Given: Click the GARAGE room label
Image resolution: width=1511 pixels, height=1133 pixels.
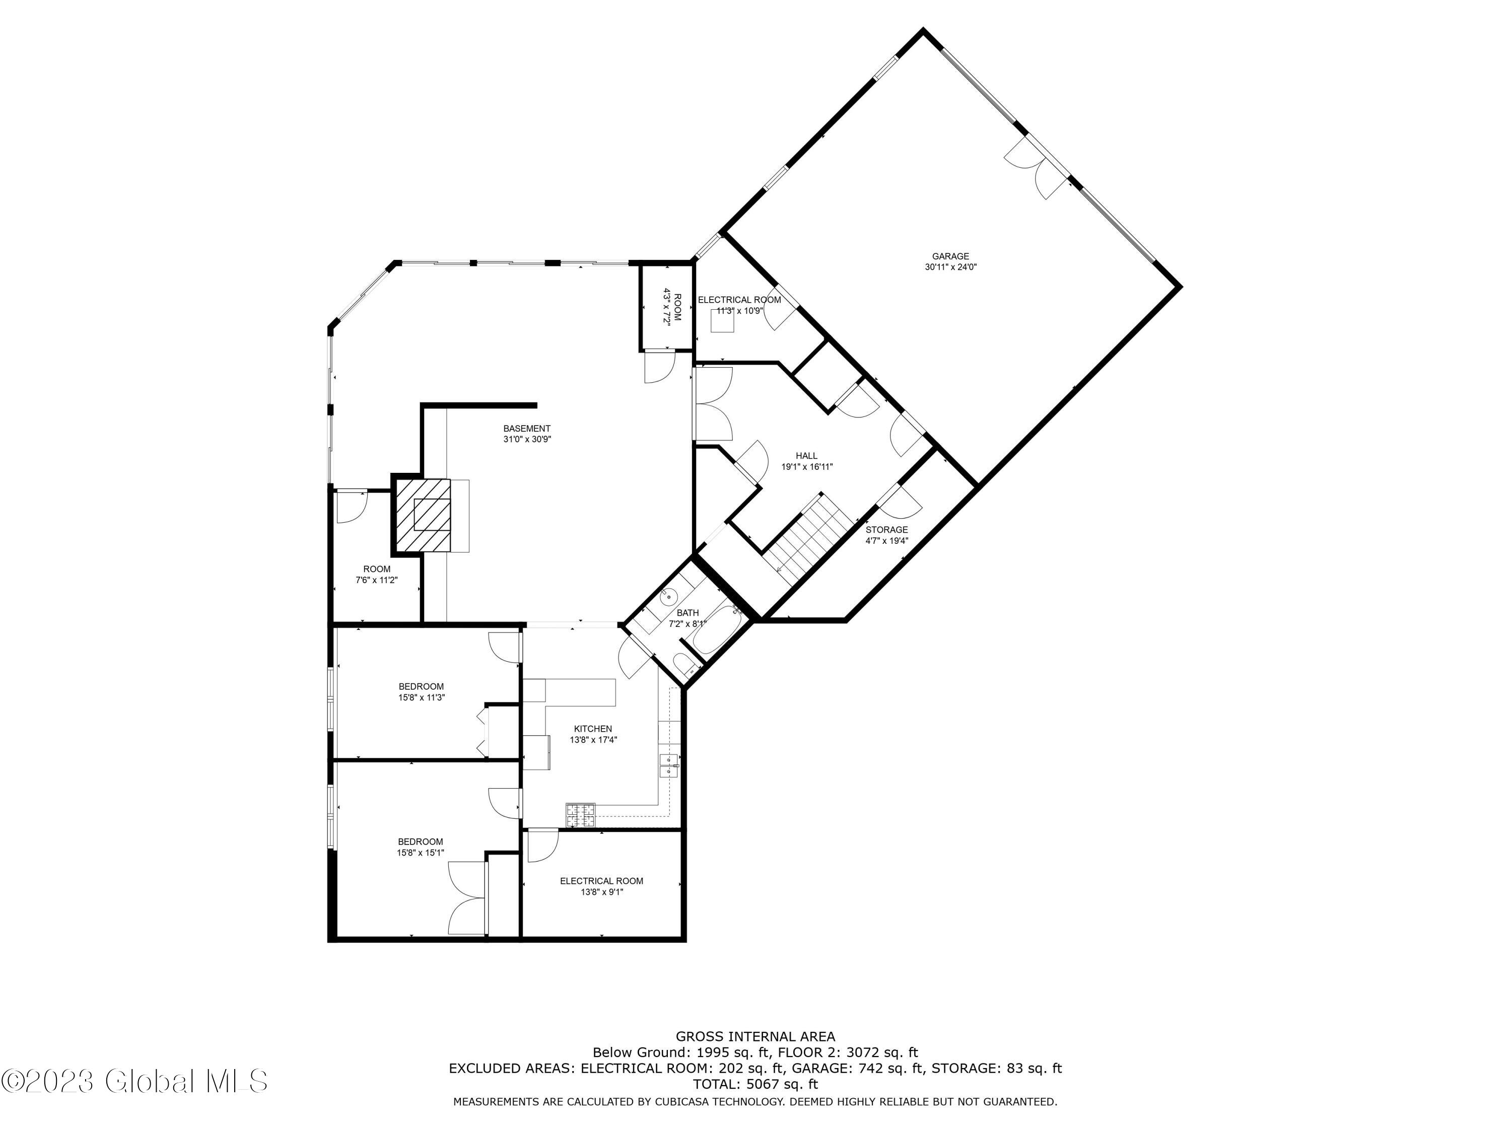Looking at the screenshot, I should pyautogui.click(x=950, y=257).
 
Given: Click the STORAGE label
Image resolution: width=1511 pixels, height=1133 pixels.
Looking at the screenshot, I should pyautogui.click(x=886, y=530).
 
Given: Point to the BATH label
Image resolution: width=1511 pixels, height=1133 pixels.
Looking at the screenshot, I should pyautogui.click(x=687, y=613).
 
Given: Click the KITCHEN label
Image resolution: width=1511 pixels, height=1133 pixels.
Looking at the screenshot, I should pyautogui.click(x=592, y=729).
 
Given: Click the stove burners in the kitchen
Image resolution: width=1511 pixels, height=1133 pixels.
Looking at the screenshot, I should pyautogui.click(x=580, y=813).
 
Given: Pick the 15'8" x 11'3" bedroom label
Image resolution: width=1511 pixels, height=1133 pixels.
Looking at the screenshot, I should pyautogui.click(x=422, y=692).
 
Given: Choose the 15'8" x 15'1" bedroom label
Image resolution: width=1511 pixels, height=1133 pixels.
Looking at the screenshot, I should pyautogui.click(x=421, y=847).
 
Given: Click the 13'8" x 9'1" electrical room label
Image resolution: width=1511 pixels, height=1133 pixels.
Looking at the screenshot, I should pyautogui.click(x=601, y=886).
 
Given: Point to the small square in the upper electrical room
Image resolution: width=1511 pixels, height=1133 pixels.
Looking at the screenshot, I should pyautogui.click(x=722, y=320).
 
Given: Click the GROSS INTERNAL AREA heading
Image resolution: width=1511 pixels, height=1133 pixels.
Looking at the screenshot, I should pyautogui.click(x=755, y=1037).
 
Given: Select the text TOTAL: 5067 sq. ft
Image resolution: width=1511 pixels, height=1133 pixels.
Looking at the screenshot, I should pyautogui.click(x=755, y=1084).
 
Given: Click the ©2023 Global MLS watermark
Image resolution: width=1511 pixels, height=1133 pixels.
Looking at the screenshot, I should pyautogui.click(x=134, y=1081).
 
